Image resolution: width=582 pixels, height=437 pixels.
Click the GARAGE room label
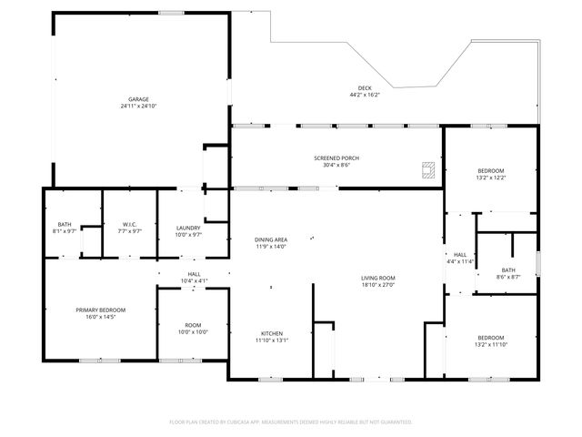(138, 99)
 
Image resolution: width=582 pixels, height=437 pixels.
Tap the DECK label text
(365, 88)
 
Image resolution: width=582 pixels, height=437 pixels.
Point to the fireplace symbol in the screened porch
(427, 168)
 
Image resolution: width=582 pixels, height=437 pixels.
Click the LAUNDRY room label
(187, 228)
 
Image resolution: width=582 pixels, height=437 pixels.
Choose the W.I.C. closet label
(129, 225)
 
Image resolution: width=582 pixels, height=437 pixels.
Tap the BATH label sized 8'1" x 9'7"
(65, 225)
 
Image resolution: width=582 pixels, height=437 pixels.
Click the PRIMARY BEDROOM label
(100, 310)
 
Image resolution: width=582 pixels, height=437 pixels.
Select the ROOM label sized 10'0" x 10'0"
(193, 325)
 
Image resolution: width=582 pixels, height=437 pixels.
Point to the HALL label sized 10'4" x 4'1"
(194, 273)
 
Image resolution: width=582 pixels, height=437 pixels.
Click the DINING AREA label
(270, 239)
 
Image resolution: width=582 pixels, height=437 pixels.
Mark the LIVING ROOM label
(379, 278)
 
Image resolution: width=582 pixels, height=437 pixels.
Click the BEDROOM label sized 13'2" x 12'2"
(491, 170)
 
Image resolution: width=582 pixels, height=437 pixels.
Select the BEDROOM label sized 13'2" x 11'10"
(491, 338)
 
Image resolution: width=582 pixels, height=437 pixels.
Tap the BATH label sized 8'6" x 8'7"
(507, 269)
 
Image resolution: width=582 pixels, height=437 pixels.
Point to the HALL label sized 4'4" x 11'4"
(460, 255)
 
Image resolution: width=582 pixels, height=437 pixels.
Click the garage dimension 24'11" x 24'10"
(138, 107)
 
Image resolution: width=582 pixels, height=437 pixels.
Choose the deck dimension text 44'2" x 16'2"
(365, 95)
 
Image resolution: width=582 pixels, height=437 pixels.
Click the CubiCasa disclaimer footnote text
(291, 422)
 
